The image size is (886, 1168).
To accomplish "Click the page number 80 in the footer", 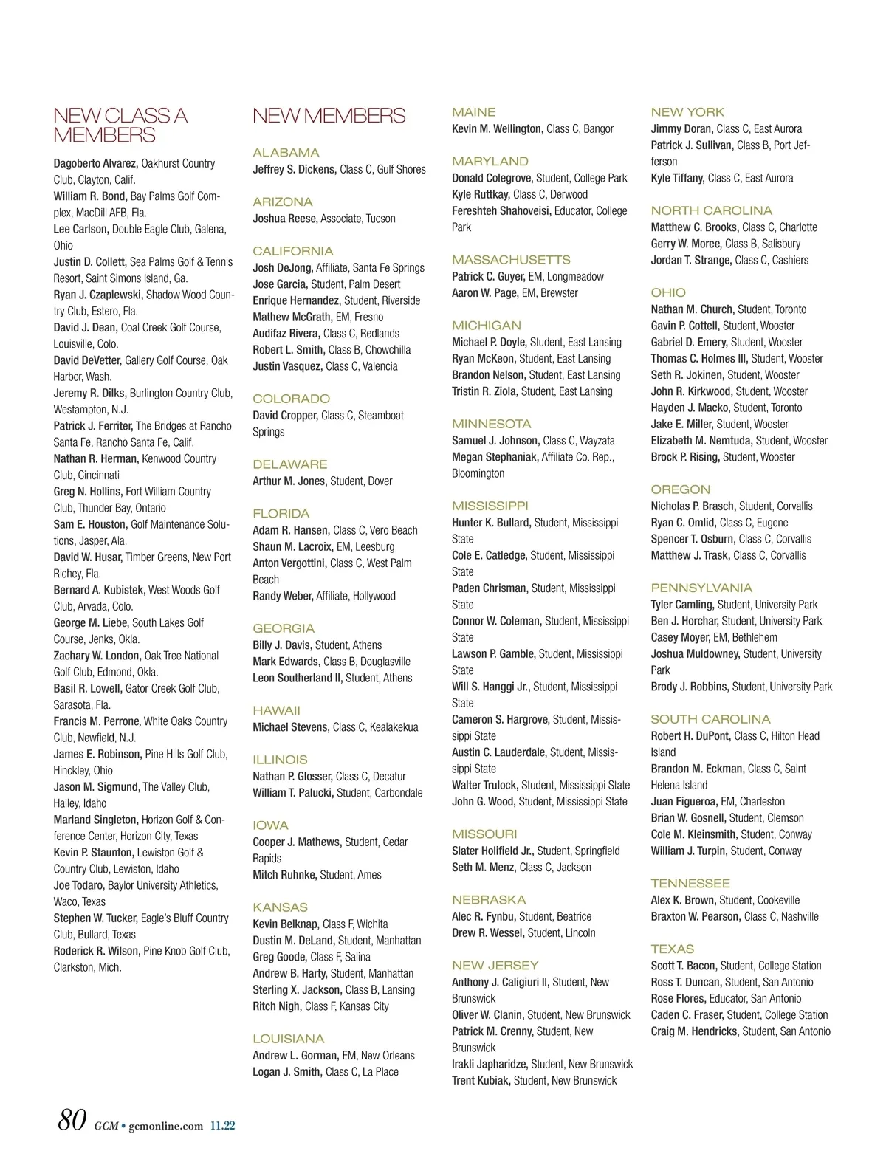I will pyautogui.click(x=72, y=1120).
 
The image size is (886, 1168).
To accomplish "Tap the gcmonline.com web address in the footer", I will pyautogui.click(x=165, y=1126).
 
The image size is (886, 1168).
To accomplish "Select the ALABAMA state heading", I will pyautogui.click(x=286, y=153).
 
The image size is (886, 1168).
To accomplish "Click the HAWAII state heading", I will pyautogui.click(x=276, y=710).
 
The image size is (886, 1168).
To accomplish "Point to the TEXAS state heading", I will pyautogui.click(x=672, y=949).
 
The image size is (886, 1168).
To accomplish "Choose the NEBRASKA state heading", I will pyautogui.click(x=489, y=899).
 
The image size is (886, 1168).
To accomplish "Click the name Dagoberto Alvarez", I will pyautogui.click(x=95, y=163).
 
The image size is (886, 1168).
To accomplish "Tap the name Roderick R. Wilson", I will pyautogui.click(x=97, y=951).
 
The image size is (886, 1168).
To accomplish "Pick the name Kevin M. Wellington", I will pyautogui.click(x=498, y=128).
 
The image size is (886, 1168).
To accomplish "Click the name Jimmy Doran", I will pyautogui.click(x=682, y=128).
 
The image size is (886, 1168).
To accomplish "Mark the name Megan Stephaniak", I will pyautogui.click(x=495, y=457).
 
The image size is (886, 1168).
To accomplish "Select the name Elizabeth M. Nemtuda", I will pyautogui.click(x=701, y=440).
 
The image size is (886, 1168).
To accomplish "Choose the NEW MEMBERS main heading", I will pyautogui.click(x=329, y=116).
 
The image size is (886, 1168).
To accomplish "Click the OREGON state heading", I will pyautogui.click(x=680, y=489).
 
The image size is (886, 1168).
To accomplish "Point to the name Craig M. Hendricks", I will pyautogui.click(x=695, y=1031).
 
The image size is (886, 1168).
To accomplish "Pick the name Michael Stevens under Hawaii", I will pyautogui.click(x=291, y=727).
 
